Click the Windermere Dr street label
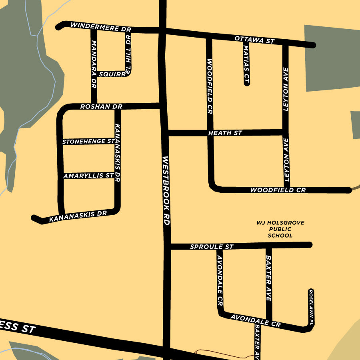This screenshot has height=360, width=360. pos(101,27)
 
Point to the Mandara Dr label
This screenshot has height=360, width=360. pos(94,64)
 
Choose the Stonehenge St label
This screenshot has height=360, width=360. pos(88,142)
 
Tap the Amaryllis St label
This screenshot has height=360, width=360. pos(88,176)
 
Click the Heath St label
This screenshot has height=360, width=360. pos(225,133)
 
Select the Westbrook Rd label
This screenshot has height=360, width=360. pos(166,190)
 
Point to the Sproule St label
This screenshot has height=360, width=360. pos(211,247)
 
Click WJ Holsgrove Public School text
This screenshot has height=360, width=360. pos(280,229)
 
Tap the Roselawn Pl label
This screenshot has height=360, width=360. pos(311,307)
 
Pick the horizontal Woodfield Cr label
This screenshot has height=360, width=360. pos(278,190)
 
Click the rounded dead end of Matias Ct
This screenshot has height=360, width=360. pos(246,83)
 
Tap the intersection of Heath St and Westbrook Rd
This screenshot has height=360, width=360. pos(166,133)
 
